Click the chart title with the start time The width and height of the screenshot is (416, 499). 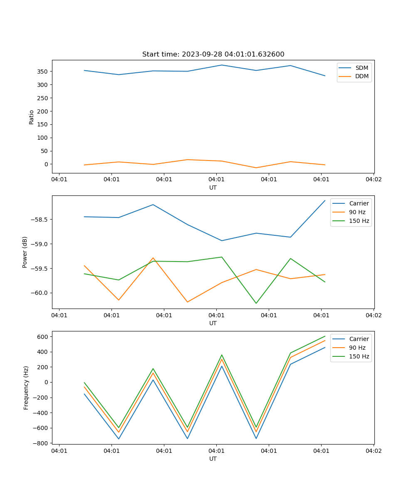point(213,54)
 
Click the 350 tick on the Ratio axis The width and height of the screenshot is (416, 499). point(42,72)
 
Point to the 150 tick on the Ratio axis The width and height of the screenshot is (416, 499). point(42,124)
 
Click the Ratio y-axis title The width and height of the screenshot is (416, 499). point(31,117)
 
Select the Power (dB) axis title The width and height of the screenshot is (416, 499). point(25,252)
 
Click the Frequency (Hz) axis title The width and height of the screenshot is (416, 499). point(26,388)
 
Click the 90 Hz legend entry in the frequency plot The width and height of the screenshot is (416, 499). point(357,348)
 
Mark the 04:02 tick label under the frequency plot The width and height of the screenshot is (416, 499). point(373,450)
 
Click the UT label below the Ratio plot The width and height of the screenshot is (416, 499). point(213,188)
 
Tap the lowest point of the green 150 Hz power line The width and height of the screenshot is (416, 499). point(256,303)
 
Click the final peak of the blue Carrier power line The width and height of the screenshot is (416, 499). point(325,200)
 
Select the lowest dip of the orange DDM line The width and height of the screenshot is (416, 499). point(256,168)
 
